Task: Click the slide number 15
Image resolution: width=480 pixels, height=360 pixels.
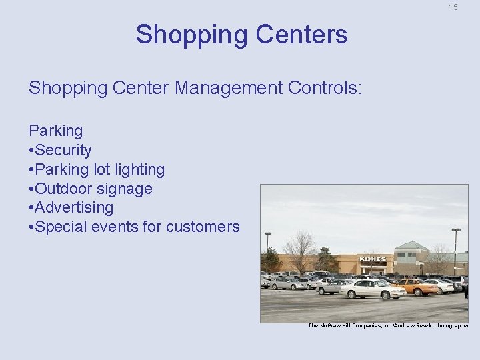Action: [453, 7]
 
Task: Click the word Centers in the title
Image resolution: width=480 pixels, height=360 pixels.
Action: [307, 34]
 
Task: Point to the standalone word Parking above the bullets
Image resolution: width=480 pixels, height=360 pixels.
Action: [56, 131]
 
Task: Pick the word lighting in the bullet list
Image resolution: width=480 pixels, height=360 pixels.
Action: [138, 169]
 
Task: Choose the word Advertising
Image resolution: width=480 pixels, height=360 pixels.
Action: [75, 207]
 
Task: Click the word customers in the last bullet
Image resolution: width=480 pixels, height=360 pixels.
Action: [203, 227]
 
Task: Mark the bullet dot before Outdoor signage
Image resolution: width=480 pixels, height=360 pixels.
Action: [32, 189]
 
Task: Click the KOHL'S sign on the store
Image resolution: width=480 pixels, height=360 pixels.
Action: [373, 259]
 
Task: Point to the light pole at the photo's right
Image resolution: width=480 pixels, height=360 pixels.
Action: [456, 250]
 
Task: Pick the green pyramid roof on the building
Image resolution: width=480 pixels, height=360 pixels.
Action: [411, 246]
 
